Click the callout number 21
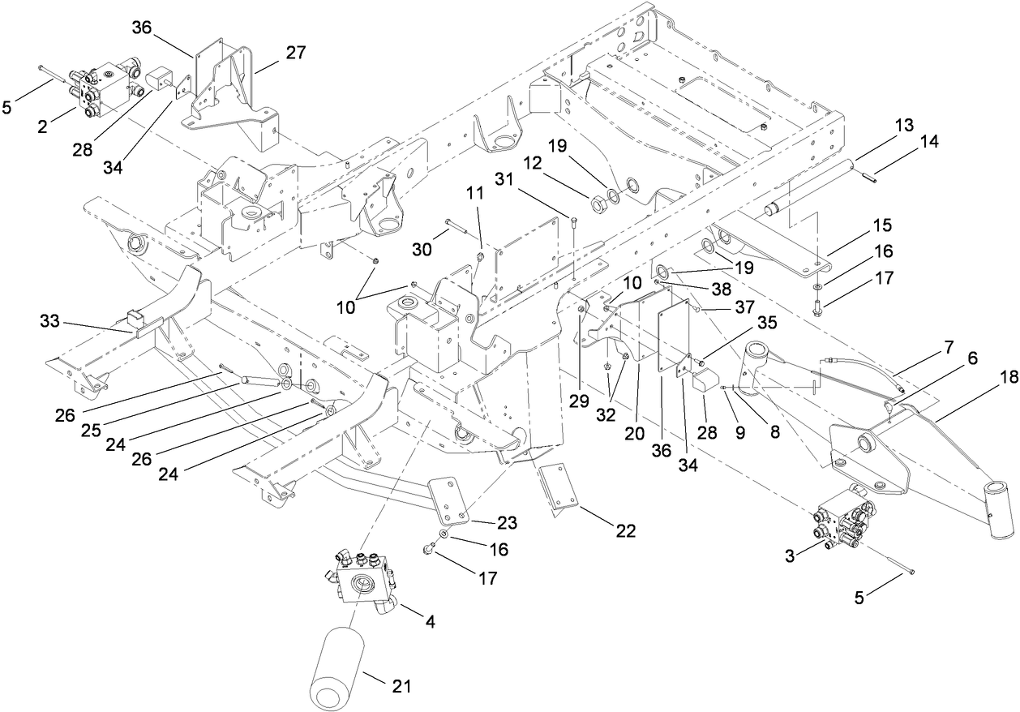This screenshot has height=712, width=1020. (401, 687)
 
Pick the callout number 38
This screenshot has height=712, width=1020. (721, 286)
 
